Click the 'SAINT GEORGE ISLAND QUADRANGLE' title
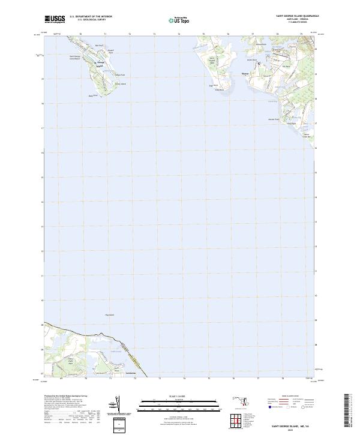tap(297, 16)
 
